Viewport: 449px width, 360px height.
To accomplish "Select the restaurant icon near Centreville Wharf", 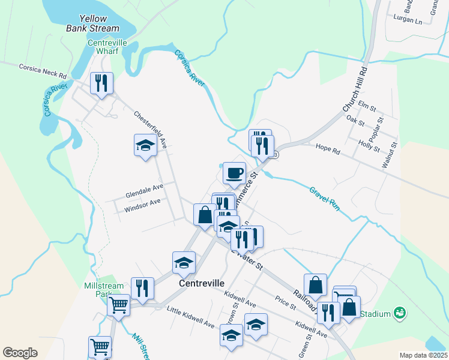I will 101,83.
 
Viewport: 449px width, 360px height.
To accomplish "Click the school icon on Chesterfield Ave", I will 145,146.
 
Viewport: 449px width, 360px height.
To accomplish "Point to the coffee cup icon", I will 234,173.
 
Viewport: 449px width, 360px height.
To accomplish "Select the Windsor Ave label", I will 142,206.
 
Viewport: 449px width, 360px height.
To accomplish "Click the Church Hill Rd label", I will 358,89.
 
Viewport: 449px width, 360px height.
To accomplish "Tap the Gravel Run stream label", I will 325,199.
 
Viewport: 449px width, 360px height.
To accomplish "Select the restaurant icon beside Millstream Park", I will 142,289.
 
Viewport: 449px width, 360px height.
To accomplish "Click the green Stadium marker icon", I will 399,313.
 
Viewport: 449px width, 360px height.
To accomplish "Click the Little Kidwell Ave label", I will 190,317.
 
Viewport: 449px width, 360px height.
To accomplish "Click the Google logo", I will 20,353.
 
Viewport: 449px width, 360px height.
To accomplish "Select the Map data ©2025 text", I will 423,355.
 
